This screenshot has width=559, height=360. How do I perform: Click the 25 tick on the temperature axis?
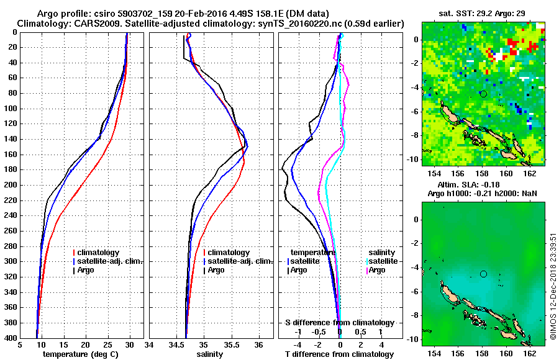click(107, 344)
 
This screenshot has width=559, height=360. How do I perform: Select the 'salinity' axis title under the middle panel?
click(211, 354)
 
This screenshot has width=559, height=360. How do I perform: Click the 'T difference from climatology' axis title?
click(339, 354)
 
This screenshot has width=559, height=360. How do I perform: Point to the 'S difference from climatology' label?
click(339, 323)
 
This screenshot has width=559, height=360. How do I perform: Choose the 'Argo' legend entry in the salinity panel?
click(216, 270)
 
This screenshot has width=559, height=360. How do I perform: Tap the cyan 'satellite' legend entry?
click(384, 261)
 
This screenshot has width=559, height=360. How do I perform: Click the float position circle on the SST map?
click(483, 94)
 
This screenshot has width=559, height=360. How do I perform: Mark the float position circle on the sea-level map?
click(483, 274)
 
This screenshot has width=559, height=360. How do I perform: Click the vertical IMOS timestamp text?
click(553, 287)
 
